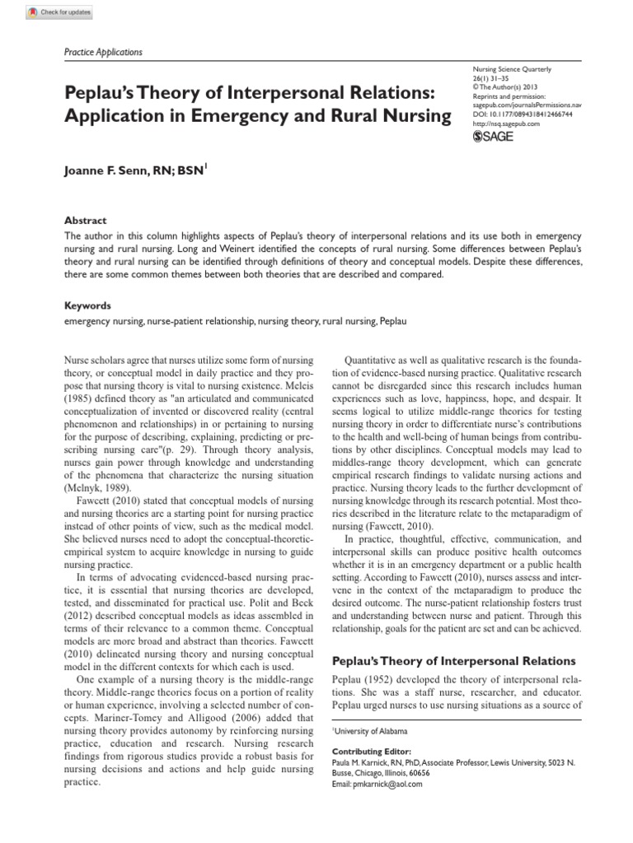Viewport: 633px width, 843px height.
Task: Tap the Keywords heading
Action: [88, 305]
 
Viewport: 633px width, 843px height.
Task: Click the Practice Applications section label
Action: [103, 52]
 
